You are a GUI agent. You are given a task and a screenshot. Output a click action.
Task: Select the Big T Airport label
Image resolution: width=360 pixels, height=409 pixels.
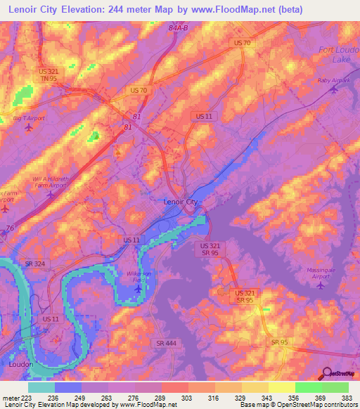pos(29,118)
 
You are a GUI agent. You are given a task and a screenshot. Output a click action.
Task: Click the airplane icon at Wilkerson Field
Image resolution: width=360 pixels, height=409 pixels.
pos(138,289)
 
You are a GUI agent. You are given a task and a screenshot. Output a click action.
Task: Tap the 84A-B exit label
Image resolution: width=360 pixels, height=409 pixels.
pos(179,28)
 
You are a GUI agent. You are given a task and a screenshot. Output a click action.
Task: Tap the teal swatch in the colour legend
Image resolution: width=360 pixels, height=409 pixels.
pos(41,387)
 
